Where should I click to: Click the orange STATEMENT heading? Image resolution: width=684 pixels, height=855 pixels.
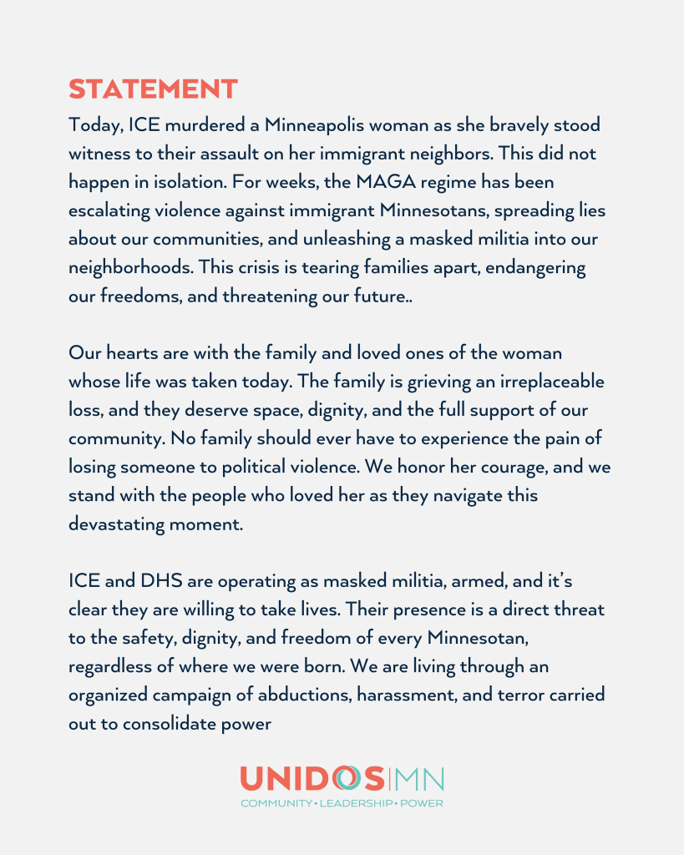tap(153, 89)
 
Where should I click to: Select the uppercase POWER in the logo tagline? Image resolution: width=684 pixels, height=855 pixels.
tap(421, 803)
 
